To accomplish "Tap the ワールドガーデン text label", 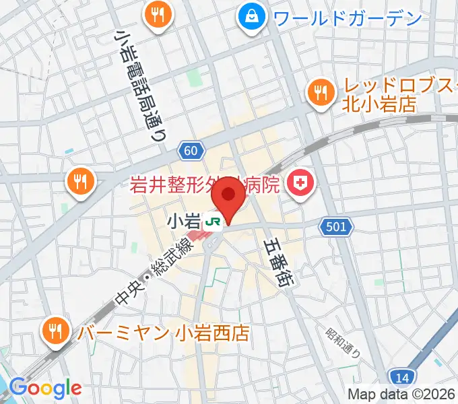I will [x=348, y=18].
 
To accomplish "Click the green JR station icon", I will [x=215, y=221].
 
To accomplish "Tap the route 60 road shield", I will [x=191, y=150].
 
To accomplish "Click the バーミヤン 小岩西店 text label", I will [x=164, y=333].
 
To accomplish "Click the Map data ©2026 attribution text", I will [x=401, y=395].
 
